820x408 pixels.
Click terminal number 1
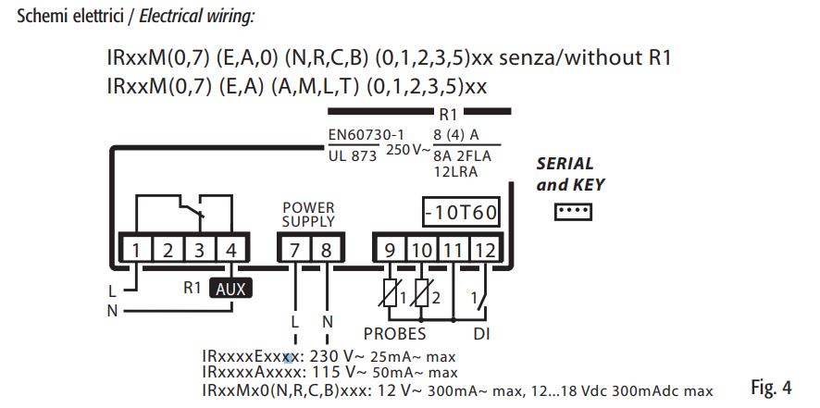136,249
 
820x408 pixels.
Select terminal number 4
230,249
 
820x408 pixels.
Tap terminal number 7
293,249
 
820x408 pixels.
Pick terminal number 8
325,249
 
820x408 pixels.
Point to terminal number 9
390,249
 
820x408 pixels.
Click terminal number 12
485,249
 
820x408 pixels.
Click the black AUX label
230,288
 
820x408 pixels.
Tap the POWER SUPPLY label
308,215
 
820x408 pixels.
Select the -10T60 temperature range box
461,213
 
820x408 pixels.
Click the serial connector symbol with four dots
571,213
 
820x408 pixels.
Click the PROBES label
394,333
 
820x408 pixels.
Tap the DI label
481,333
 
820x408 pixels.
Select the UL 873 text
353,156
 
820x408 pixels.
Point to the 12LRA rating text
455,172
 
